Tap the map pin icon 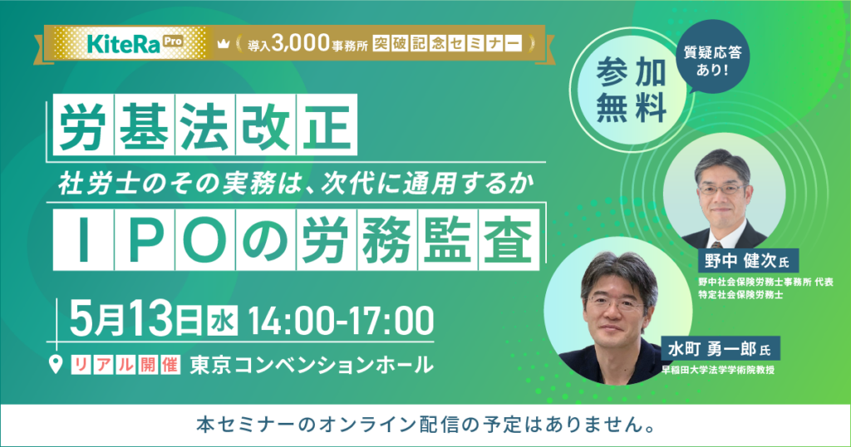pos(57,364)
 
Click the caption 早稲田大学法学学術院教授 pos(718,370)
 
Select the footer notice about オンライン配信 pos(425,425)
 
